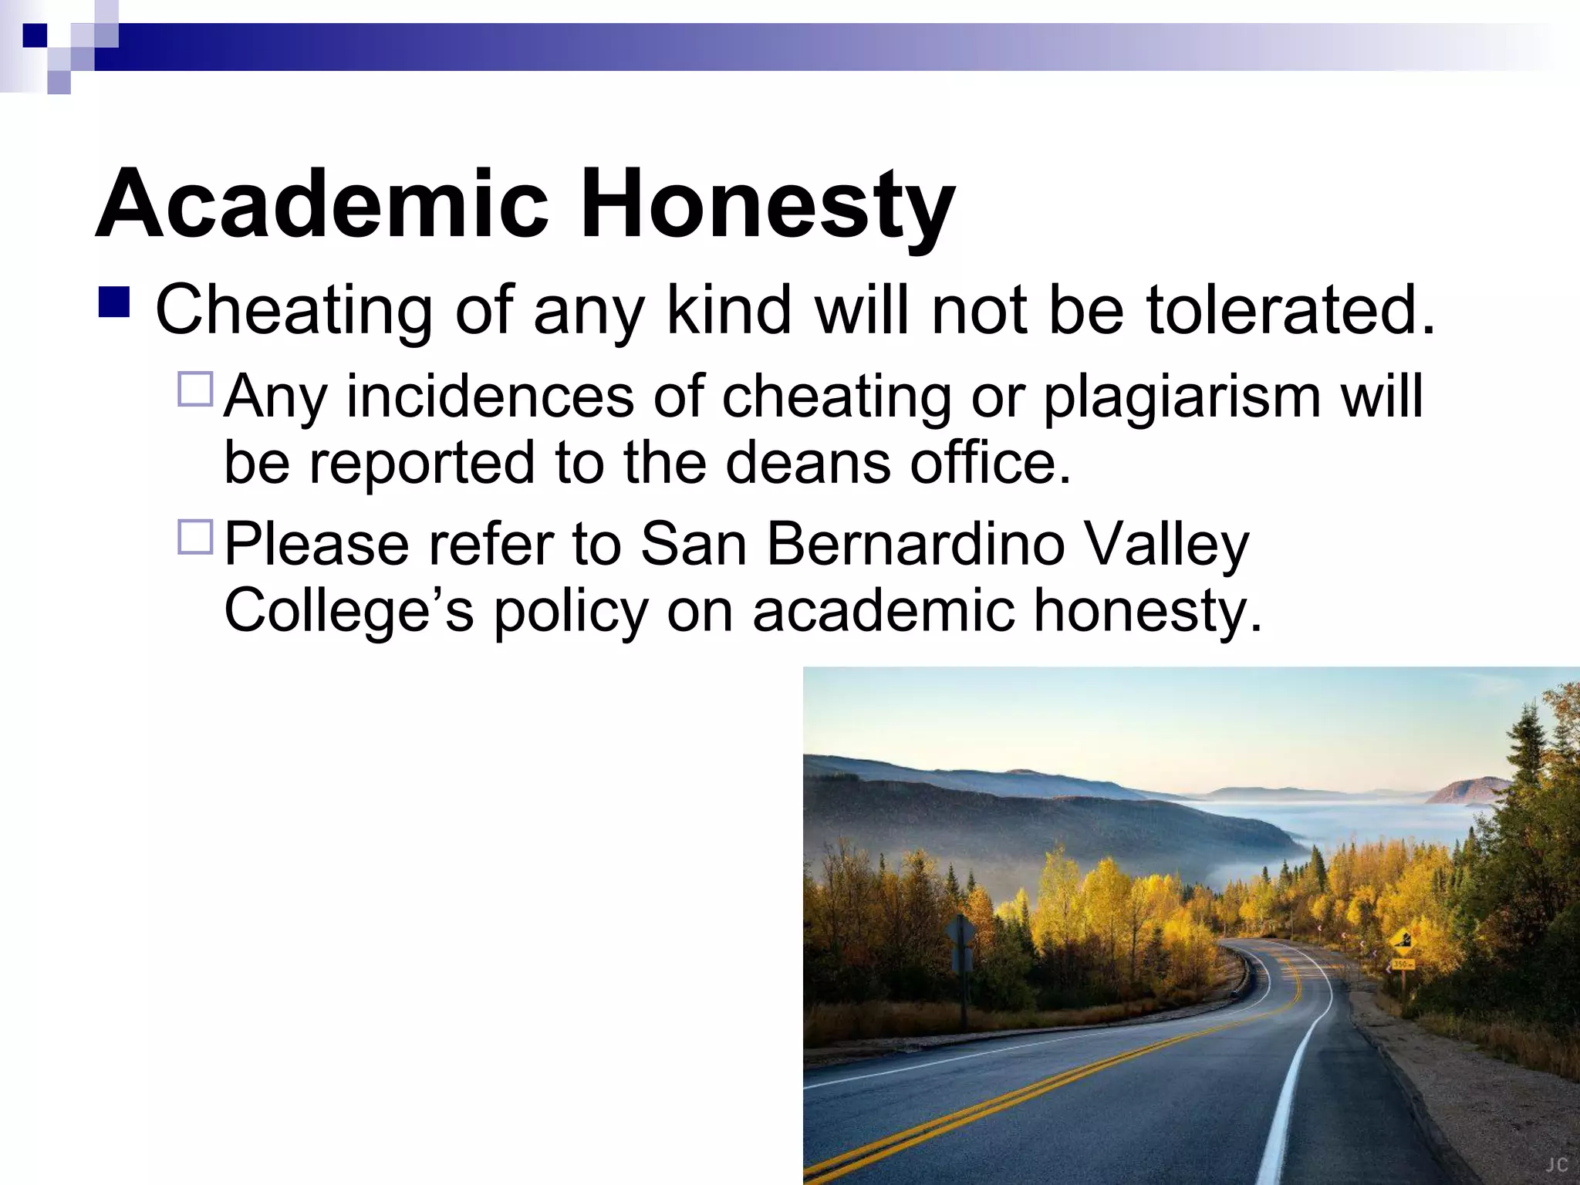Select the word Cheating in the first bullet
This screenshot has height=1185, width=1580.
point(294,310)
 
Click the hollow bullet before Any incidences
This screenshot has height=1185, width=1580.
point(195,390)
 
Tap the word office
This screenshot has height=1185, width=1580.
point(991,463)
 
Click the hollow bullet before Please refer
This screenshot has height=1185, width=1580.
point(195,538)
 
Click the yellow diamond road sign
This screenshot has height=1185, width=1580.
point(1402,940)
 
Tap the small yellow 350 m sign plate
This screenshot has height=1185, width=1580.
point(1403,964)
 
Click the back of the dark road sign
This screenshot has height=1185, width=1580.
point(961,934)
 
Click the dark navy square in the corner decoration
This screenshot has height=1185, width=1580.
point(35,35)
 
